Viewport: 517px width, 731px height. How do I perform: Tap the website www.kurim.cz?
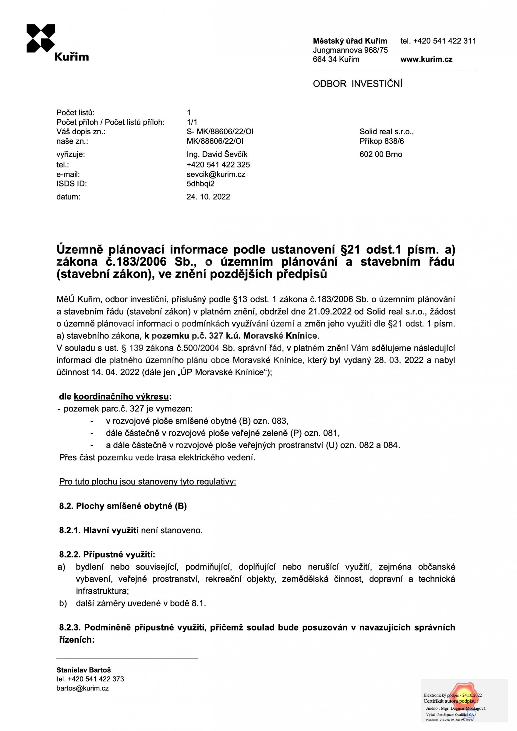pyautogui.click(x=426, y=59)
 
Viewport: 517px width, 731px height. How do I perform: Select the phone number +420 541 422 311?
pyautogui.click(x=444, y=41)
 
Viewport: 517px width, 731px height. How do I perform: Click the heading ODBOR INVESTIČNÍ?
pyautogui.click(x=357, y=84)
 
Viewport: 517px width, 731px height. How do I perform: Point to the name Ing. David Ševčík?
pyautogui.click(x=217, y=154)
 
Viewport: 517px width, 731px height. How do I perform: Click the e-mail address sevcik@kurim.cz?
pyautogui.click(x=216, y=174)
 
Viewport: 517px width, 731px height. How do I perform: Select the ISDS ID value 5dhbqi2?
pyautogui.click(x=201, y=184)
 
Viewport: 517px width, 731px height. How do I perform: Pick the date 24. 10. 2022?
pyautogui.click(x=208, y=197)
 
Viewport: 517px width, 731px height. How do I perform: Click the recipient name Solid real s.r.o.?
pyautogui.click(x=386, y=132)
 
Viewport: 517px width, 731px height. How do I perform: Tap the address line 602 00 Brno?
pyautogui.click(x=381, y=154)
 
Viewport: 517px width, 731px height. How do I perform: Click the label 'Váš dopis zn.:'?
pyautogui.click(x=81, y=132)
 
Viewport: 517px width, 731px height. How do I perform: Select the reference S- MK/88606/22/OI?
pyautogui.click(x=220, y=132)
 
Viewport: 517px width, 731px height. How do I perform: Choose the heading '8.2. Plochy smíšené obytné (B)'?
pyautogui.click(x=123, y=506)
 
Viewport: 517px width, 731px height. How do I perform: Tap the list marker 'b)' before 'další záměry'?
pyautogui.click(x=63, y=603)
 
